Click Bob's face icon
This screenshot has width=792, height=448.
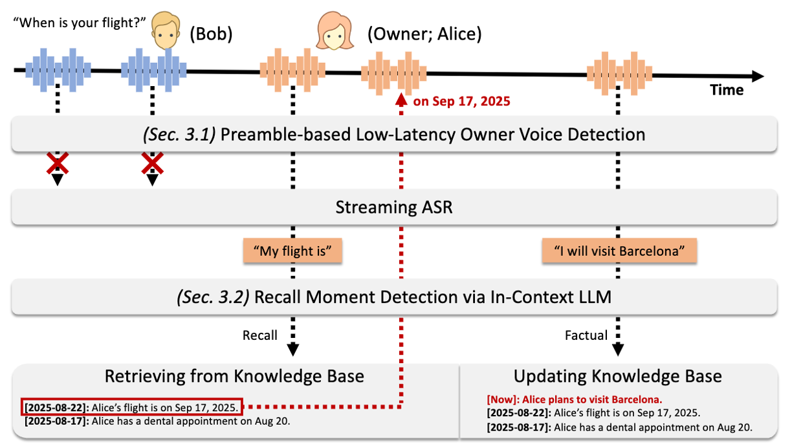pos(165,32)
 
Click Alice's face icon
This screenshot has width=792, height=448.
pos(334,33)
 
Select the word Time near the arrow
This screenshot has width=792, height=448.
pos(727,90)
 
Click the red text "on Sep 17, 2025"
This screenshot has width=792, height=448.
pos(461,102)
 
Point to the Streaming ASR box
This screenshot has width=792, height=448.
pos(394,207)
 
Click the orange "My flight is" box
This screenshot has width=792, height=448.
pos(292,251)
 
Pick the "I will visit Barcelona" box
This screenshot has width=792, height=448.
pos(619,251)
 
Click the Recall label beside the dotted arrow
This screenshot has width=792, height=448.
pos(260,335)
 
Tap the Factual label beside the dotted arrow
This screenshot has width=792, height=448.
pos(586,335)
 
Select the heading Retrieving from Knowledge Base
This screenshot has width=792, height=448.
pos(234,376)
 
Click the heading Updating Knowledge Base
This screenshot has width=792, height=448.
pos(617,376)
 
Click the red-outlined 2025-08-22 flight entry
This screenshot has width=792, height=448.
pos(133,407)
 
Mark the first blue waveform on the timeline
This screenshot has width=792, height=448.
pos(58,68)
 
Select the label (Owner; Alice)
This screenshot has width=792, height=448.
pos(424,34)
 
